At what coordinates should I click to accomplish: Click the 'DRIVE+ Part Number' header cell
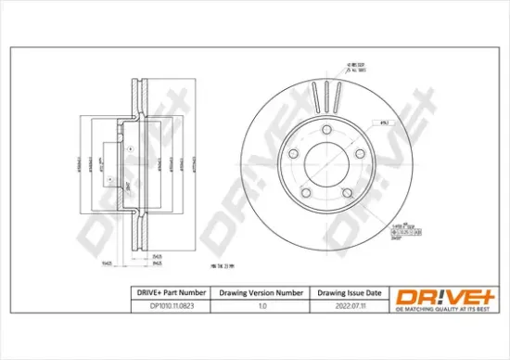(165, 293)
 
